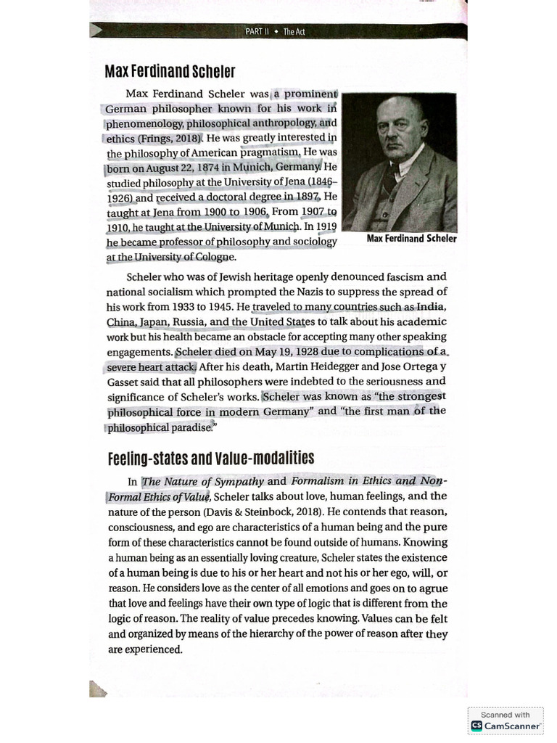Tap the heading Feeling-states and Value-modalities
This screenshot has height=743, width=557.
pos(210,458)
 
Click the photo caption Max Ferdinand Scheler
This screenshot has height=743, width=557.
pos(411,239)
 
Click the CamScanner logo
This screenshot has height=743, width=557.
pos(506,726)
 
